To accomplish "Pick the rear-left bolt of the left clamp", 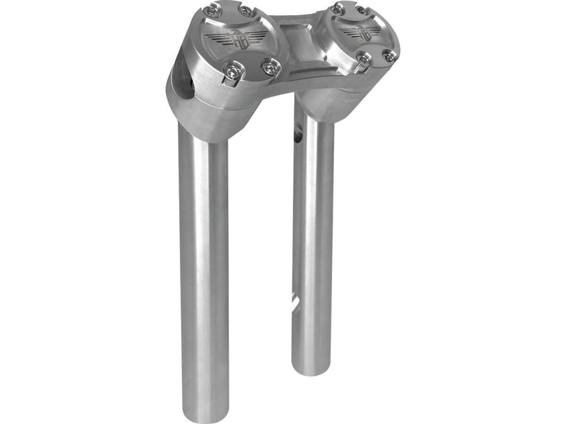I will pyautogui.click(x=215, y=11).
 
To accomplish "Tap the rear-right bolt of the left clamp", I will pyautogui.click(x=247, y=11).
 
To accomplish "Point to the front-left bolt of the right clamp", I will pyautogui.click(x=363, y=59).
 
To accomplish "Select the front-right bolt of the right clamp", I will pyautogui.click(x=390, y=57).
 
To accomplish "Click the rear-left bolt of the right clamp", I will pyautogui.click(x=338, y=9).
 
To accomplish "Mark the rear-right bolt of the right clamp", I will pyautogui.click(x=363, y=9).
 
